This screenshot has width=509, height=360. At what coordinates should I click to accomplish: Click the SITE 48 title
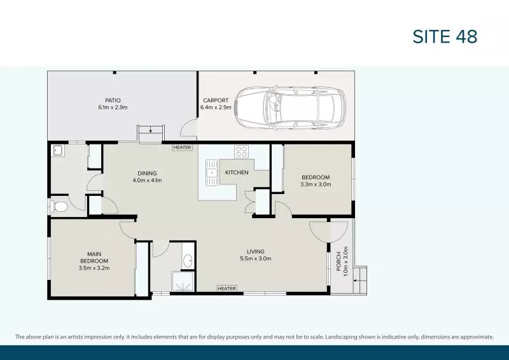445,36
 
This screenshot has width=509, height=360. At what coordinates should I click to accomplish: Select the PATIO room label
113,100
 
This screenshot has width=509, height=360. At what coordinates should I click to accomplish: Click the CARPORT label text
215,100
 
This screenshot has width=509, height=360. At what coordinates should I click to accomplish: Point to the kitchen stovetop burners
242,151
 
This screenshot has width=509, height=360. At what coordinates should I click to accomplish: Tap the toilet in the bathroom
60,207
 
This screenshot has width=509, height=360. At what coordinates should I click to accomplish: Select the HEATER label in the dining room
182,148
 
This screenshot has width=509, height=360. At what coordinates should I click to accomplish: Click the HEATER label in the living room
227,288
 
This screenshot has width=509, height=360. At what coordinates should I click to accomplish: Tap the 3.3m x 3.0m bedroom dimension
316,184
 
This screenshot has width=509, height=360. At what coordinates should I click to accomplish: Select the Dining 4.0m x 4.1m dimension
147,180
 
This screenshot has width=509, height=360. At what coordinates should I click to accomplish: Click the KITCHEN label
237,172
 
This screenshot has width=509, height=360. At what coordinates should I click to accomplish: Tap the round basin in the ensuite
188,260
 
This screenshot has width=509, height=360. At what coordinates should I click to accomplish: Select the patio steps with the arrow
151,133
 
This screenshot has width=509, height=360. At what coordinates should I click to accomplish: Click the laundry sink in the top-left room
57,151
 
